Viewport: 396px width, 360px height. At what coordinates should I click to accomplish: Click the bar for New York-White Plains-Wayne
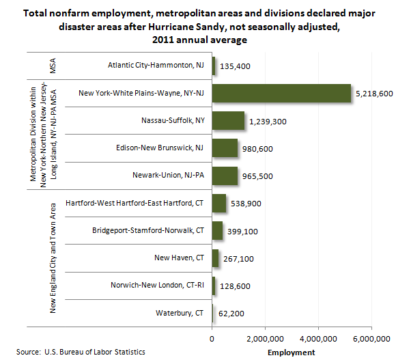(x=281, y=93)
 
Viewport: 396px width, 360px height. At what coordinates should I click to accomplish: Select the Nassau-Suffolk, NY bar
(x=228, y=120)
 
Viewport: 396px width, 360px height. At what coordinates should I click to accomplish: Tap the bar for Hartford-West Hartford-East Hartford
(x=219, y=203)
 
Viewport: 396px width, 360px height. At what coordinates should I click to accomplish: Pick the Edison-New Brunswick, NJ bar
(x=225, y=148)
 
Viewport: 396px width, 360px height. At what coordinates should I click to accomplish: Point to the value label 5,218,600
(x=374, y=94)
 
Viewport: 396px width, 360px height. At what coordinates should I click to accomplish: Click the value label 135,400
(x=235, y=66)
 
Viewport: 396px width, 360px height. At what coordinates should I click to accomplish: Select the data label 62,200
(x=231, y=314)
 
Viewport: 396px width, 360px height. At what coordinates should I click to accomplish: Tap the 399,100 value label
(x=242, y=232)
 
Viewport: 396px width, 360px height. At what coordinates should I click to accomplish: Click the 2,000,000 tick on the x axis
(x=265, y=339)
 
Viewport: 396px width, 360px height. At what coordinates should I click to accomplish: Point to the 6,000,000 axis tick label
(x=371, y=339)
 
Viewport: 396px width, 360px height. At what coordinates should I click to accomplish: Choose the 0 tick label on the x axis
(x=212, y=339)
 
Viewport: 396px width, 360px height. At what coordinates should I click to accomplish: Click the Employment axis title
(x=291, y=352)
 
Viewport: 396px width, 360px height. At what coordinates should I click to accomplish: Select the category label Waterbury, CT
(x=180, y=313)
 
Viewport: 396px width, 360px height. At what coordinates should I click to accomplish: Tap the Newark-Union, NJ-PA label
(x=168, y=175)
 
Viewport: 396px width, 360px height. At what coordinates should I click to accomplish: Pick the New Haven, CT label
(x=179, y=258)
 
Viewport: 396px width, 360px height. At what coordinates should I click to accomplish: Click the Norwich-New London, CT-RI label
(x=157, y=285)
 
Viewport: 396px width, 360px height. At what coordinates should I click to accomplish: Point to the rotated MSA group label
(x=53, y=66)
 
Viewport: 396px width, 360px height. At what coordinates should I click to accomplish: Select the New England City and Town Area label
(x=53, y=258)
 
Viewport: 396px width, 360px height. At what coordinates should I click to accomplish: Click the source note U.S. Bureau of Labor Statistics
(x=95, y=352)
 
